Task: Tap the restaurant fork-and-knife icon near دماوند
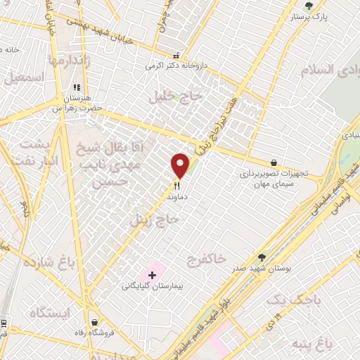177,186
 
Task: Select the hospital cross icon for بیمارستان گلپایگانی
152,274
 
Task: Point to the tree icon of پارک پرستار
309,6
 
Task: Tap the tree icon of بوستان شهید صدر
262,258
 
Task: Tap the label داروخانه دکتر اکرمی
177,65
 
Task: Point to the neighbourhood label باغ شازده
49,264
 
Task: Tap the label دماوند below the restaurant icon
178,198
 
